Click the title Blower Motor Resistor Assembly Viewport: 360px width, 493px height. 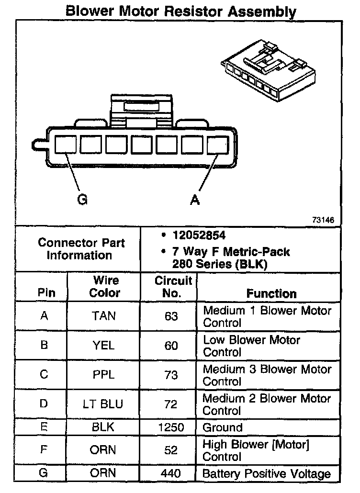180,11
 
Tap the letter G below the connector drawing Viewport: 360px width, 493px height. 82,200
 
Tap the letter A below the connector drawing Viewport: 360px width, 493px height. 194,200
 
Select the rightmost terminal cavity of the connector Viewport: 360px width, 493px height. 218,144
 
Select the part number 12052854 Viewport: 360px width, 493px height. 199,236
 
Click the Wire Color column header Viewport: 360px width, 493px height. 105,286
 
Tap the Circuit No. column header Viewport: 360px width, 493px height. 172,286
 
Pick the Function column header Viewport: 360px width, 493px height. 271,293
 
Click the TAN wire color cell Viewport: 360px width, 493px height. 104,316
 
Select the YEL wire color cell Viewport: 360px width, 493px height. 104,346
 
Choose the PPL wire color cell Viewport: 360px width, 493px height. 104,375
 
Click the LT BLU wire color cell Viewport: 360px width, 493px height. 104,404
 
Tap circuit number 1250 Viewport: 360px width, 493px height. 171,427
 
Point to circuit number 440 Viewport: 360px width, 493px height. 171,474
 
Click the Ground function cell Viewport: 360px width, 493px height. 223,427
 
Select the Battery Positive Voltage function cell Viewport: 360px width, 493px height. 267,474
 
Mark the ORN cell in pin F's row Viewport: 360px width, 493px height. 104,450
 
